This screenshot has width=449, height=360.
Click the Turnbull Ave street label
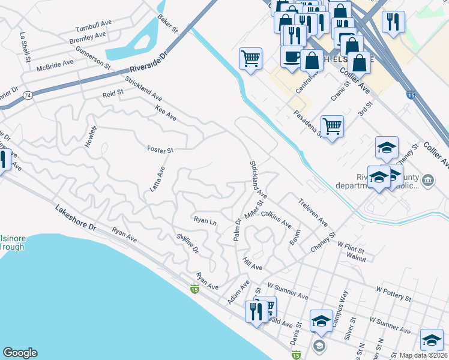94,29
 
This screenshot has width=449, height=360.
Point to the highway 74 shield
28,95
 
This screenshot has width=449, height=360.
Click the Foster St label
160,149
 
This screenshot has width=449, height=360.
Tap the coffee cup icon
292,56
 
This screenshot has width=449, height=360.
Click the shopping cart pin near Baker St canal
250,59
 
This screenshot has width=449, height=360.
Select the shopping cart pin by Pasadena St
332,126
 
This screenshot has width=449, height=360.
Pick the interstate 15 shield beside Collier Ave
411,95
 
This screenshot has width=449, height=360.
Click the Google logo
20,353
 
